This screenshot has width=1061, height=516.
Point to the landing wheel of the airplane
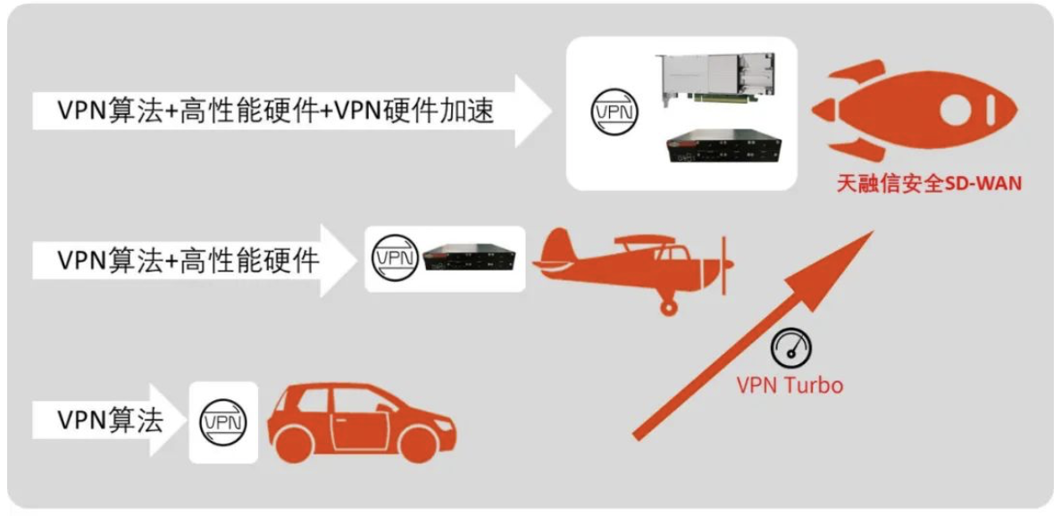coord(668,307)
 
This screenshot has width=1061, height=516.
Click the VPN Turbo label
coord(789,385)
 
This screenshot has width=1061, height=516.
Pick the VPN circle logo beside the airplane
coord(395,258)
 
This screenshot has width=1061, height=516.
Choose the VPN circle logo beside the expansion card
coord(616,112)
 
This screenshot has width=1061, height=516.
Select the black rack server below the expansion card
coord(720,148)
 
